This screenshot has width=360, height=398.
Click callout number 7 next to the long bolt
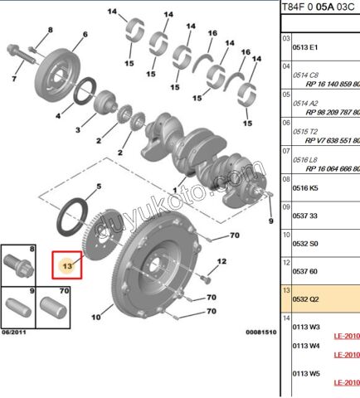(x=14, y=80)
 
